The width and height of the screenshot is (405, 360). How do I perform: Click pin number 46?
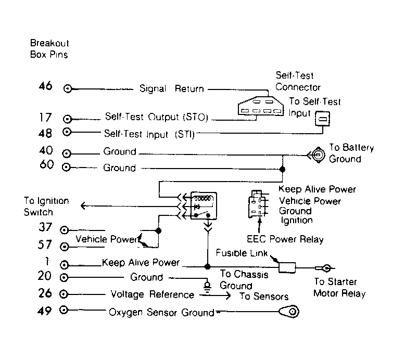pyautogui.click(x=45, y=86)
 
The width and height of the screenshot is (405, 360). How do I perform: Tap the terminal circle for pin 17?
pyautogui.click(x=67, y=119)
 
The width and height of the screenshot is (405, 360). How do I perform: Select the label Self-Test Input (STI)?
pyautogui.click(x=149, y=134)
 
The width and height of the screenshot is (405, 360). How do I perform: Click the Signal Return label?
pyautogui.click(x=171, y=89)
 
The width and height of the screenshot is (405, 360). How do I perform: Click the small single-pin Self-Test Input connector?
pyautogui.click(x=322, y=119)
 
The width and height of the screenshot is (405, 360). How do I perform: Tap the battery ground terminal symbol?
pyautogui.click(x=317, y=155)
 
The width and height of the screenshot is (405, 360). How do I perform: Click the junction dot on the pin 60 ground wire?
pyautogui.click(x=282, y=169)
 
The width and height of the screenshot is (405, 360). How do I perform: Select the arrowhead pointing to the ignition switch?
pyautogui.click(x=83, y=205)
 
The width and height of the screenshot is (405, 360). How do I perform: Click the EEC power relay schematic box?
pyautogui.click(x=204, y=205)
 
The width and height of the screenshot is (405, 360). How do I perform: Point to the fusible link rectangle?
pyautogui.click(x=287, y=267)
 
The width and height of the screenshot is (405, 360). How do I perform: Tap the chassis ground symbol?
pyautogui.click(x=207, y=287)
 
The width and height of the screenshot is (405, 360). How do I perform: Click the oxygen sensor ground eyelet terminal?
pyautogui.click(x=289, y=312)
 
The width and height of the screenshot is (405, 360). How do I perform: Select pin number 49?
pyautogui.click(x=44, y=311)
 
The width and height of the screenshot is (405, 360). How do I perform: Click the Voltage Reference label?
pyautogui.click(x=153, y=294)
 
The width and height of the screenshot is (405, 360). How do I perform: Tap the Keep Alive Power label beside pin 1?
pyautogui.click(x=141, y=262)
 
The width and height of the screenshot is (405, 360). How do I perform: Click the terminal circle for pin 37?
pyautogui.click(x=64, y=230)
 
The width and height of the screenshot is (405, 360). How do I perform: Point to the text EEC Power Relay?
pyautogui.click(x=285, y=239)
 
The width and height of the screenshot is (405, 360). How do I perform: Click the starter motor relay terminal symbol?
pyautogui.click(x=326, y=268)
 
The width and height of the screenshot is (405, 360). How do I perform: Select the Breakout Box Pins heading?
pyautogui.click(x=49, y=49)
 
